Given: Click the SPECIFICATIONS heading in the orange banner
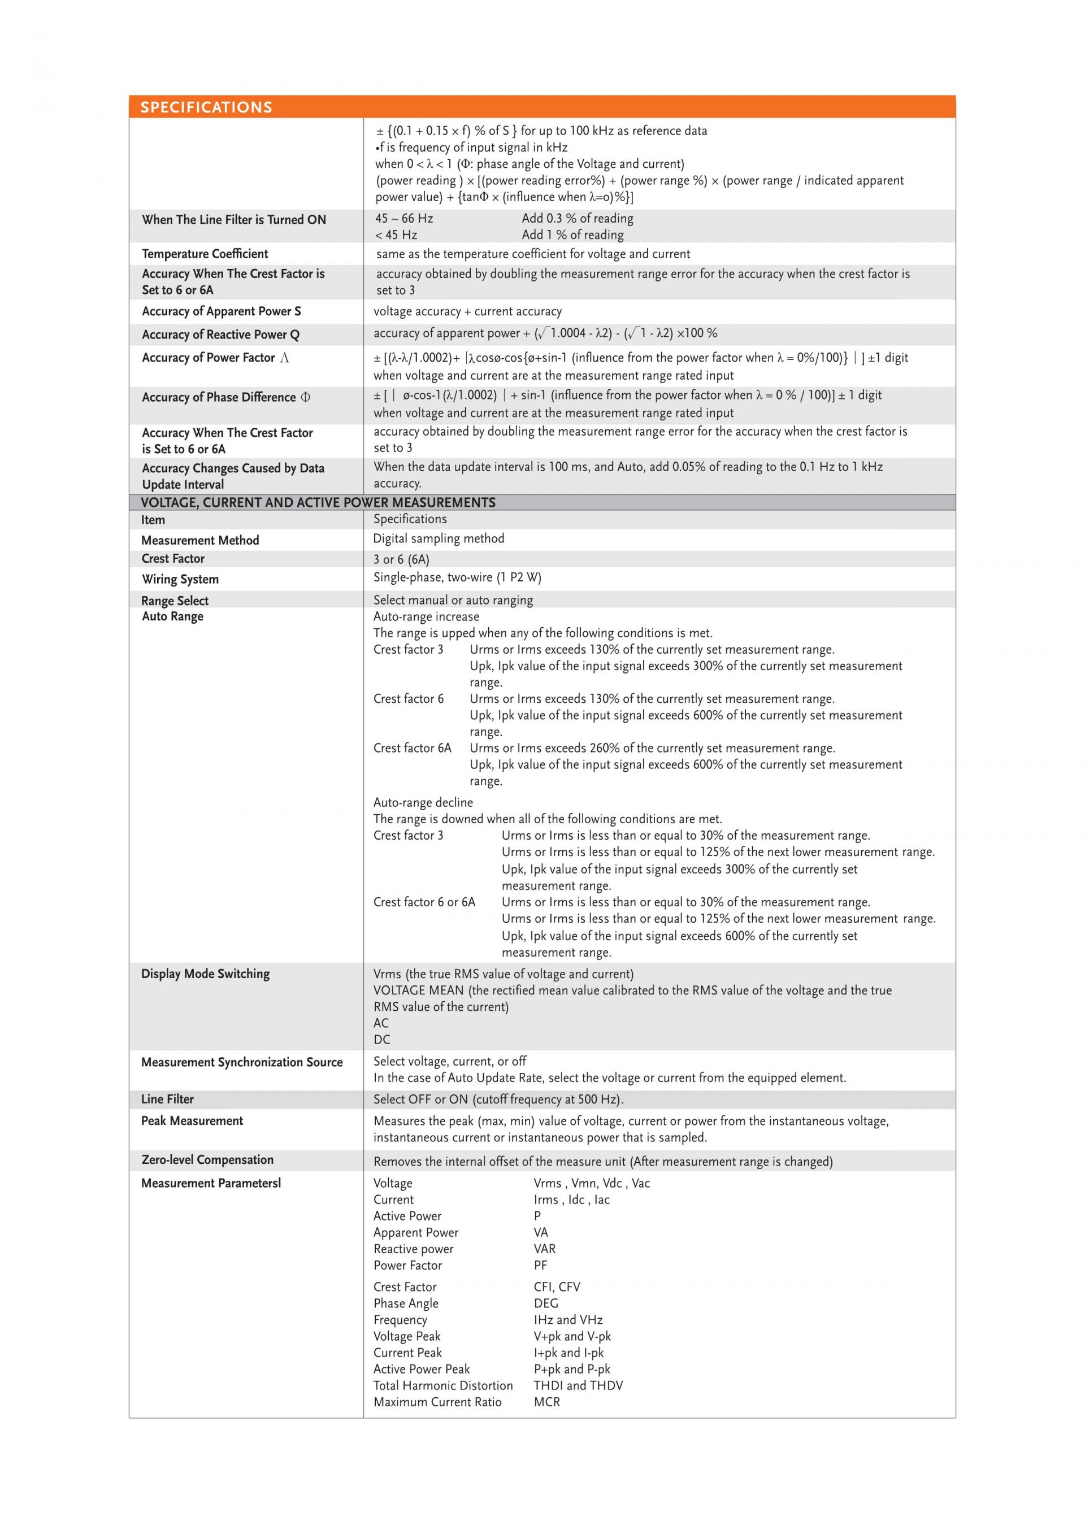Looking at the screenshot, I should click(206, 107).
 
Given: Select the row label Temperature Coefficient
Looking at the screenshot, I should click(205, 254).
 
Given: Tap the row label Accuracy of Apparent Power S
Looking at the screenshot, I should click(221, 311).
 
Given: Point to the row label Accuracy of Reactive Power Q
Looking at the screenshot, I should click(220, 334).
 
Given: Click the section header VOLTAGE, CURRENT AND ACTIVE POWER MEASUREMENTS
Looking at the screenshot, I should click(318, 502).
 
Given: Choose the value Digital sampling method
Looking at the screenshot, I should click(439, 538).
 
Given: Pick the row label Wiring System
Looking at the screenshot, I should click(180, 579).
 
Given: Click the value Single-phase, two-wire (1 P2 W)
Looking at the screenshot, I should click(457, 577).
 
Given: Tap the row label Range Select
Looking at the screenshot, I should click(175, 601).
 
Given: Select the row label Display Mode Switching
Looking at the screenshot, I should click(205, 974).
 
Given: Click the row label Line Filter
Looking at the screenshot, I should click(167, 1099).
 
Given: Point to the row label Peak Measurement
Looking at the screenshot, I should click(192, 1120).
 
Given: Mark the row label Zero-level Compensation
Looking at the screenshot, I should click(207, 1160).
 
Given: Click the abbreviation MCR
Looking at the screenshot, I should click(546, 1402).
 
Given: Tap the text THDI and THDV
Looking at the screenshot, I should click(578, 1385).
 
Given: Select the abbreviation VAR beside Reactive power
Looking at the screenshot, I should click(545, 1249).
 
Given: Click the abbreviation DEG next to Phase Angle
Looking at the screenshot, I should click(546, 1303).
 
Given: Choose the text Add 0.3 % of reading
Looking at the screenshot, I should click(577, 219).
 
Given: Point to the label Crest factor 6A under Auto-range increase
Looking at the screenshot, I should click(412, 748).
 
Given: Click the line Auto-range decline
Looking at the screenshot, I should click(423, 802).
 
